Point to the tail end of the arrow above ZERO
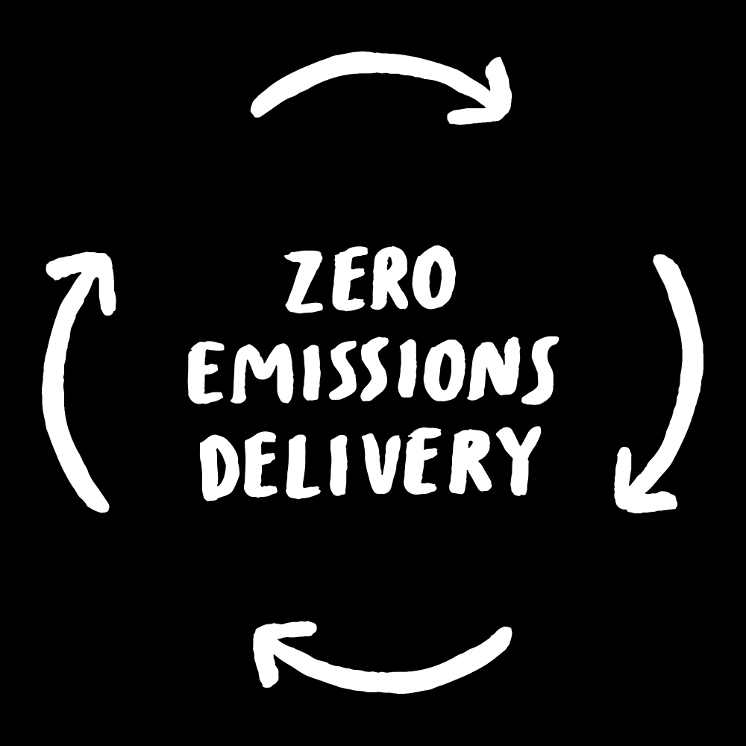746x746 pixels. point(258,109)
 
